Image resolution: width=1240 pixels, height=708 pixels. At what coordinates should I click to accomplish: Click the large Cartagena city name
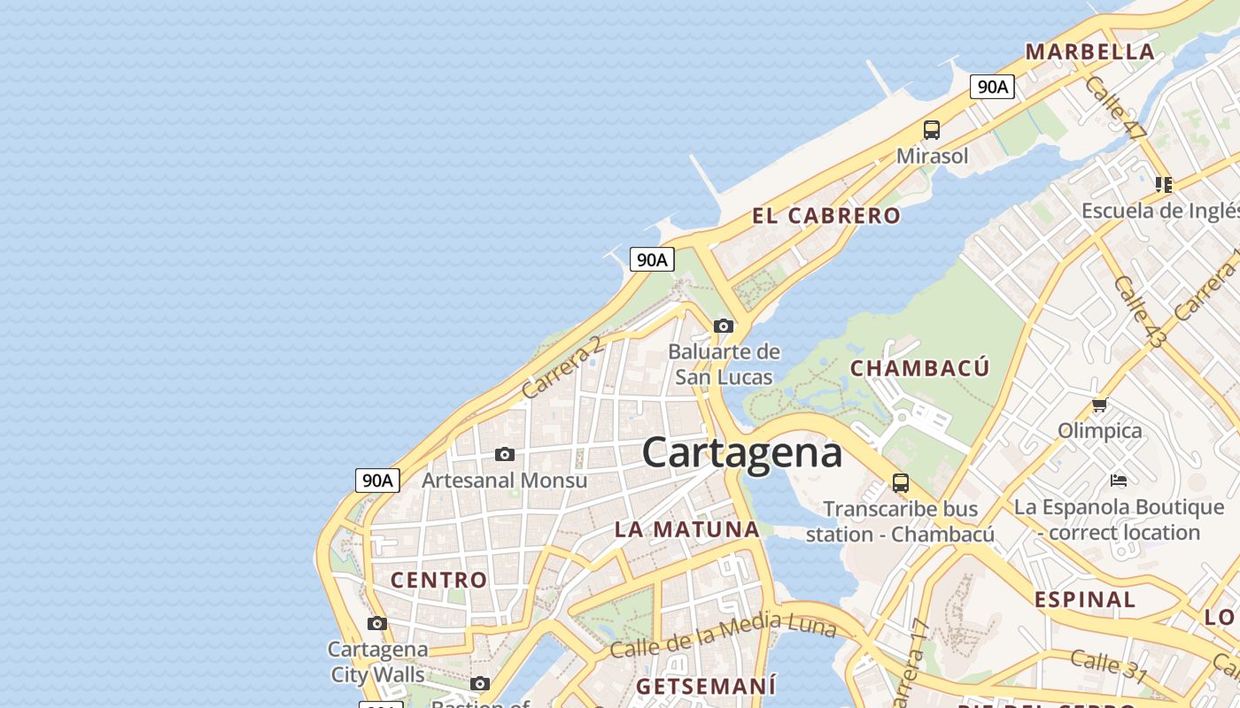click(x=742, y=453)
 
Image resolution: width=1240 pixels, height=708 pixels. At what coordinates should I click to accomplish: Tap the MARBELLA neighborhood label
click(x=1089, y=51)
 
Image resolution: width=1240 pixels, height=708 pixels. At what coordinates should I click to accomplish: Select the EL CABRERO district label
click(x=825, y=215)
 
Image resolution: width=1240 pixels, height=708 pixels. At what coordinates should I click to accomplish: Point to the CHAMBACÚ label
click(x=919, y=368)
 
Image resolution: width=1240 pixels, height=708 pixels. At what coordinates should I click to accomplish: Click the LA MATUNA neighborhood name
click(x=686, y=530)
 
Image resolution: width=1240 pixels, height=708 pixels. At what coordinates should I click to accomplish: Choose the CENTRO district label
click(x=439, y=580)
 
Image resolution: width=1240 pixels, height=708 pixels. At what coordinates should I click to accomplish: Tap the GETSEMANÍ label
click(x=706, y=686)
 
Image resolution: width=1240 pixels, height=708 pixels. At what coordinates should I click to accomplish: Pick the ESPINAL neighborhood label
click(x=1085, y=599)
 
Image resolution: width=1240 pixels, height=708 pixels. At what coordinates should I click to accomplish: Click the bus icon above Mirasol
click(x=932, y=130)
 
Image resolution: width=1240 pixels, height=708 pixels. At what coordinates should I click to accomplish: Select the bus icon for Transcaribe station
click(x=901, y=483)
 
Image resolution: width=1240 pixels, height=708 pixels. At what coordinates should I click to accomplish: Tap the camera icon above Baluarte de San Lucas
click(x=724, y=326)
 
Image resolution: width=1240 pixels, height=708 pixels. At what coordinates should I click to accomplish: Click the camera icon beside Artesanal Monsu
click(x=505, y=454)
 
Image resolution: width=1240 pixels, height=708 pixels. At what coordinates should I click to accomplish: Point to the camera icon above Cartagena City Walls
click(x=377, y=623)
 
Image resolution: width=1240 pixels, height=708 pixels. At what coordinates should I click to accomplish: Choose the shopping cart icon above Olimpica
click(x=1099, y=405)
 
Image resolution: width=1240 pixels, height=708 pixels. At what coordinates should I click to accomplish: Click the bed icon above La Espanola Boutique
click(x=1119, y=481)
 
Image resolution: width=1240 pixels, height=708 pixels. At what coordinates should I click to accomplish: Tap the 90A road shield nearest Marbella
click(x=992, y=87)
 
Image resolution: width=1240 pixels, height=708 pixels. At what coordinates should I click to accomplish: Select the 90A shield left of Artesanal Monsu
click(x=377, y=481)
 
